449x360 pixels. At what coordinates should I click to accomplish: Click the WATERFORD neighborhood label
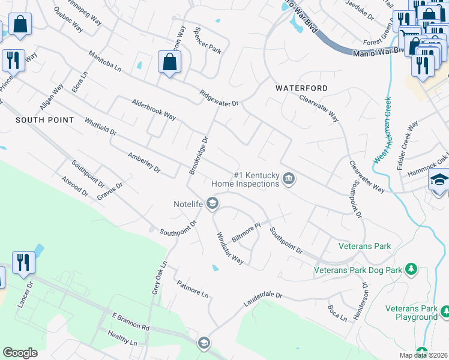coord(301,88)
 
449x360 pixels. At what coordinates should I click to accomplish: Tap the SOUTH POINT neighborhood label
coord(45,120)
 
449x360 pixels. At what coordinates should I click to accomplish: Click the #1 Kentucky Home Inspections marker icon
coord(289,179)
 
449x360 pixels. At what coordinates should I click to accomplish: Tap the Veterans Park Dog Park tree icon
coord(411,269)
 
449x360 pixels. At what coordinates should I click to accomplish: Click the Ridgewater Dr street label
coord(219,99)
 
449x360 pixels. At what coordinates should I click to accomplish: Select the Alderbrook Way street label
coord(154,109)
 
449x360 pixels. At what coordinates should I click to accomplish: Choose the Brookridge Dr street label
coord(199,156)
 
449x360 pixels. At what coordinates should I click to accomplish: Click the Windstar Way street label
coord(229,248)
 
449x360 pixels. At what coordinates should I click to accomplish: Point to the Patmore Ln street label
coord(192,289)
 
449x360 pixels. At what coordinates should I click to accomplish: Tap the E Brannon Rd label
coord(130,321)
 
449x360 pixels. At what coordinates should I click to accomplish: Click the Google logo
coord(20,353)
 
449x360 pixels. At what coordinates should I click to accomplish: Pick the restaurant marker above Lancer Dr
coord(23,262)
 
